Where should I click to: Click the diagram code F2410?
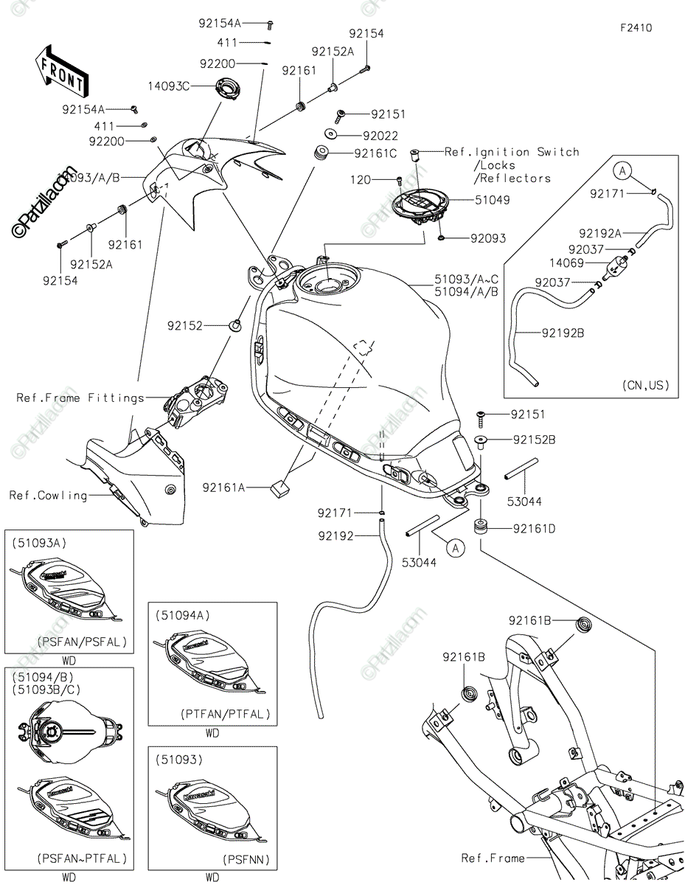(x=635, y=28)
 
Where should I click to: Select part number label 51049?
(x=493, y=199)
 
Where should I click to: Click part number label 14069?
(x=566, y=263)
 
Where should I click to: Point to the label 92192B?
(x=563, y=333)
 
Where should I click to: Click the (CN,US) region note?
(x=647, y=385)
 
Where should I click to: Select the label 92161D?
(x=535, y=528)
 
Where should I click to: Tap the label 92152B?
(x=535, y=440)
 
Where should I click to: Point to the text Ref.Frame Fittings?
(x=81, y=398)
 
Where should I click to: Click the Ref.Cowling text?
(x=48, y=495)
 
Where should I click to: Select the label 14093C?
(x=169, y=86)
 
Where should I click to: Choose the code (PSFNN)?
(x=246, y=859)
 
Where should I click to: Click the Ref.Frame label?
(x=493, y=858)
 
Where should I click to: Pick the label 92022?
(x=380, y=136)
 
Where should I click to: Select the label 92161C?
(x=375, y=153)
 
